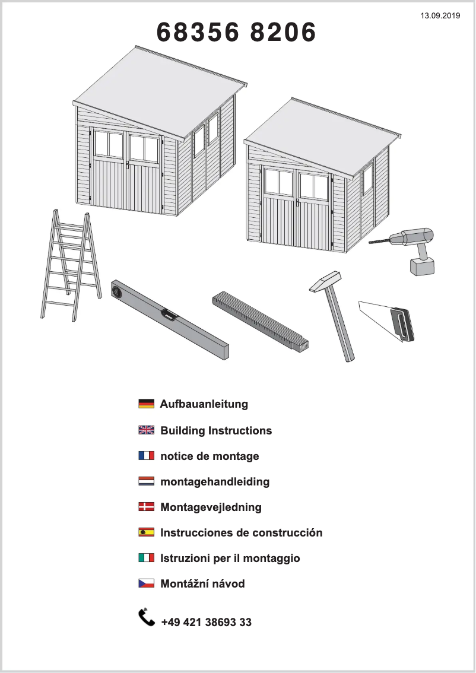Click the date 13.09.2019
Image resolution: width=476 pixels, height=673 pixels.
coord(440,16)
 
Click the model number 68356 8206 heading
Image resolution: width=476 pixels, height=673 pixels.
coord(236,32)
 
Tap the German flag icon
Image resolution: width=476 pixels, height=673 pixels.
coord(147,404)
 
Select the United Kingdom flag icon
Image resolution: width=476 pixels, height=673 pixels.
coord(147,430)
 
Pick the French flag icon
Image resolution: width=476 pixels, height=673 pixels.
coord(147,455)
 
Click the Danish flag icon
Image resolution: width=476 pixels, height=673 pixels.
coord(147,506)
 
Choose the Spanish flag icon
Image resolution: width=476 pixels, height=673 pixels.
coord(147,532)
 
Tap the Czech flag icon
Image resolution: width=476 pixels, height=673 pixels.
coord(147,583)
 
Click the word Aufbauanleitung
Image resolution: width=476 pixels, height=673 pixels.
coord(204,404)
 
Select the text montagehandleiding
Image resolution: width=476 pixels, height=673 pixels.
coord(215,481)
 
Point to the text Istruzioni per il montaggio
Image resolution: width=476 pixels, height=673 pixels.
coord(230,558)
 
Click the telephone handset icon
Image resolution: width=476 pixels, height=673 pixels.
coord(147,617)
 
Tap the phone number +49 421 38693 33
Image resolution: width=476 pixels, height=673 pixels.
coord(207,623)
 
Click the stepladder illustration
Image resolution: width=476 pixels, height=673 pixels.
coord(71,265)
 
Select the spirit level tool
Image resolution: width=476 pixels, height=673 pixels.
coord(170,319)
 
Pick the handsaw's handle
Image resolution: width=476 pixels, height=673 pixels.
coord(402,325)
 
